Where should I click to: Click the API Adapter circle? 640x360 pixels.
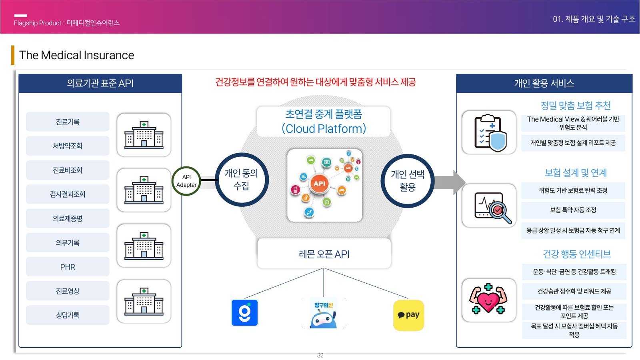(x=186, y=181)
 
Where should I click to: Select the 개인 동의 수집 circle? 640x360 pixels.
(x=242, y=180)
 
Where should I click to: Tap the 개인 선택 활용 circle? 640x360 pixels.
(x=407, y=181)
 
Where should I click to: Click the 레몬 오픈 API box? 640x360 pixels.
(x=324, y=254)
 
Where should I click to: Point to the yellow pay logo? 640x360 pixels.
(x=408, y=315)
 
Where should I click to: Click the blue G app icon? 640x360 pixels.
(x=244, y=313)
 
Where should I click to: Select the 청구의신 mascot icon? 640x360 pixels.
(x=324, y=314)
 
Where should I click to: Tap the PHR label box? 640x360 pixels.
(x=68, y=267)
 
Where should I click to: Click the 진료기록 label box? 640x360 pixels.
(x=68, y=122)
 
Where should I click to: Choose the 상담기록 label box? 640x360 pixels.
(x=68, y=315)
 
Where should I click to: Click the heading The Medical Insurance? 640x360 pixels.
(x=76, y=55)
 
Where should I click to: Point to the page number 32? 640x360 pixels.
(x=320, y=355)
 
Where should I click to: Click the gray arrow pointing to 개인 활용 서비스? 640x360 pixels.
(x=450, y=182)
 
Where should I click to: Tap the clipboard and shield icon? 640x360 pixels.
(x=489, y=132)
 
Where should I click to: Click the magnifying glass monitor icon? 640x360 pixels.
(x=489, y=206)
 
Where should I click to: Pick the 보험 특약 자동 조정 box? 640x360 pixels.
(x=573, y=210)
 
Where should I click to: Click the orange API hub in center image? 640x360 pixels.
(x=319, y=184)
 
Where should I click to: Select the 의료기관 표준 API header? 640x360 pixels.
(x=100, y=83)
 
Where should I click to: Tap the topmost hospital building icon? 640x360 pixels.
(x=144, y=135)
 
